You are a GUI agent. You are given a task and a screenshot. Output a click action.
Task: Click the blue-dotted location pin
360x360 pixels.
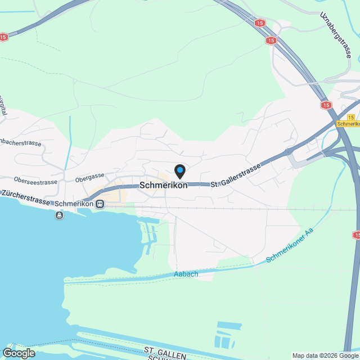(x=179, y=170)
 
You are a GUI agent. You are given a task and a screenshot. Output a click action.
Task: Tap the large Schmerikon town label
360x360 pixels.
(x=163, y=186)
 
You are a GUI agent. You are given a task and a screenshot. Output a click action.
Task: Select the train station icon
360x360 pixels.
(x=100, y=204)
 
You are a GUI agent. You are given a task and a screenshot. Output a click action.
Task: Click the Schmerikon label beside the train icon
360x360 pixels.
(x=74, y=204)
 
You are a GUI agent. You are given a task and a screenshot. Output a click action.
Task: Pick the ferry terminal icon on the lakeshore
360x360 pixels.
(x=60, y=215)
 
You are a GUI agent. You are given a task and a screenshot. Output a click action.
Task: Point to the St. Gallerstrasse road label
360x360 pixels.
(x=236, y=176)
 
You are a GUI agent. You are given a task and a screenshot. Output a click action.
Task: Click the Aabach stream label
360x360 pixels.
(x=186, y=274)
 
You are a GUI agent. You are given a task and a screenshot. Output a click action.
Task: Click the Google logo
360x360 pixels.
(x=18, y=353)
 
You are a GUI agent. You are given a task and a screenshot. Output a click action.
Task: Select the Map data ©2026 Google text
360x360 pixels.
(x=325, y=355)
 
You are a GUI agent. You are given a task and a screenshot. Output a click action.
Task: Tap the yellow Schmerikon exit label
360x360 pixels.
(x=348, y=123)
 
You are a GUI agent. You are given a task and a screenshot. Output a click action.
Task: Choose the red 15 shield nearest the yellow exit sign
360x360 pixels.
(x=327, y=105)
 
